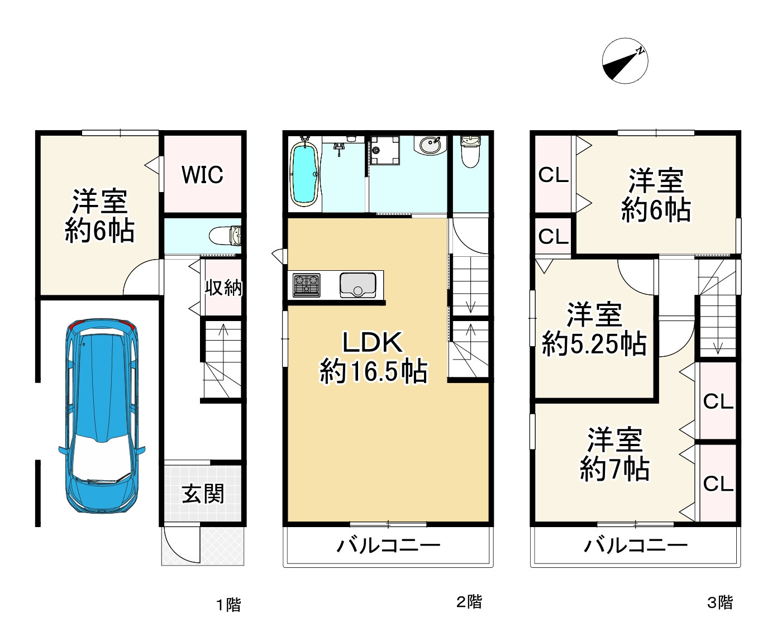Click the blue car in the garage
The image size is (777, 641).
(x=102, y=416)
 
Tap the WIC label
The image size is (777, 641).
(x=202, y=174)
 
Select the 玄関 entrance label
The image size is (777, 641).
(x=203, y=493)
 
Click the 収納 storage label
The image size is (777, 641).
(x=223, y=287)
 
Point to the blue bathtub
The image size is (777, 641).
(x=305, y=174)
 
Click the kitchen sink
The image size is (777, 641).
(x=357, y=285)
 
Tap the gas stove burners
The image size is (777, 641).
(x=306, y=285)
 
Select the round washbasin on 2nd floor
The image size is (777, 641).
(x=431, y=146)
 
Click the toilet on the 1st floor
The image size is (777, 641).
(x=225, y=236)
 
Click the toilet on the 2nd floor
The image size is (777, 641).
(x=470, y=151)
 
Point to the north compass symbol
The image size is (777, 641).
(x=625, y=61)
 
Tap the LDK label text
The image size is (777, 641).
(x=373, y=342)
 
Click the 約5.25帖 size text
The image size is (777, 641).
(x=594, y=344)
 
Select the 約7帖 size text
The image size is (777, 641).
(x=614, y=469)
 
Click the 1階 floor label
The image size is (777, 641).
(x=228, y=605)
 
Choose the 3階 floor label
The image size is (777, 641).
(x=719, y=602)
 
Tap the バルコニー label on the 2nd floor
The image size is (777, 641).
(x=389, y=546)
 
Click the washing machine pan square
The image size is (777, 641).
(x=385, y=150)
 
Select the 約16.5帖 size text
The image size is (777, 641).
(x=373, y=371)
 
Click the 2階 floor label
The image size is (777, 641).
(x=469, y=601)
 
